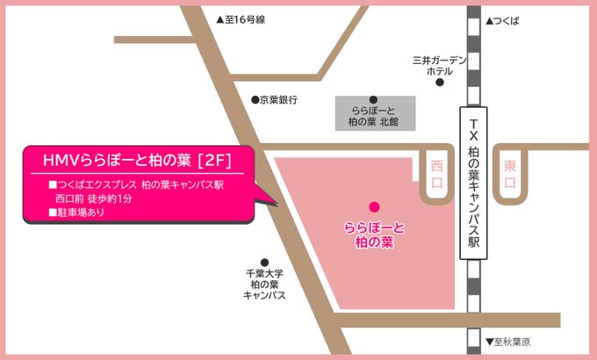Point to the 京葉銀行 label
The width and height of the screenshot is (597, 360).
pos(278,100)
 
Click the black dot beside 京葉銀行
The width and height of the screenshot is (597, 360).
pos(255,100)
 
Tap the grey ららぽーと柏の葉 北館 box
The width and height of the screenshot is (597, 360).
pos(374,116)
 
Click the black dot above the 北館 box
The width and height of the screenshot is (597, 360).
pos(374,99)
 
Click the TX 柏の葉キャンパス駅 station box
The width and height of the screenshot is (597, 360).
pos(475,184)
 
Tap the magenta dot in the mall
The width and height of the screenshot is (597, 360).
pos(374,207)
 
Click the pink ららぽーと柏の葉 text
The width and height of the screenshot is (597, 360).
pos(374,233)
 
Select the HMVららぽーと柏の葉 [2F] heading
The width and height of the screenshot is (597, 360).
pos(137,160)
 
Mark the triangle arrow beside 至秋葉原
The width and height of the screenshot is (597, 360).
pos(491,342)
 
